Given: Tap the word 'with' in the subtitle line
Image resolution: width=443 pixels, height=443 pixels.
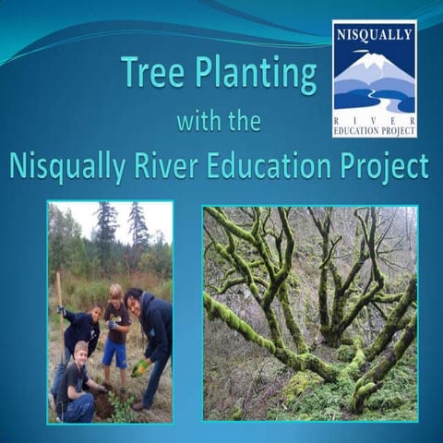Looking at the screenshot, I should (198, 122).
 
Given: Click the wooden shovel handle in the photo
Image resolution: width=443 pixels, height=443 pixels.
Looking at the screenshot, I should (60, 291).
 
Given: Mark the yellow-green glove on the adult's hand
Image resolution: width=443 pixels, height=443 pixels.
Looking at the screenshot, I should (139, 367).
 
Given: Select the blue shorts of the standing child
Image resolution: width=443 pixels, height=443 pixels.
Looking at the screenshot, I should (114, 353).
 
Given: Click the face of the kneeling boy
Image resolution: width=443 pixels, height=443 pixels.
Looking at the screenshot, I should (81, 352).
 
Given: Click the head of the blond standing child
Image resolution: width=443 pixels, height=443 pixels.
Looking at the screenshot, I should (114, 293).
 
